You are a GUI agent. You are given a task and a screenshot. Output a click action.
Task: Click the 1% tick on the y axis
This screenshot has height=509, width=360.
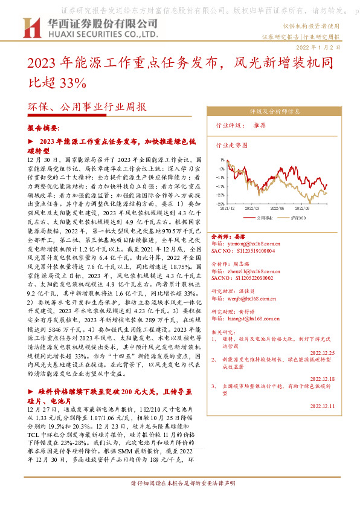click(221, 160)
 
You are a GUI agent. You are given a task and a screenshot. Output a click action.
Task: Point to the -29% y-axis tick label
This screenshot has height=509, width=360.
click(220, 204)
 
